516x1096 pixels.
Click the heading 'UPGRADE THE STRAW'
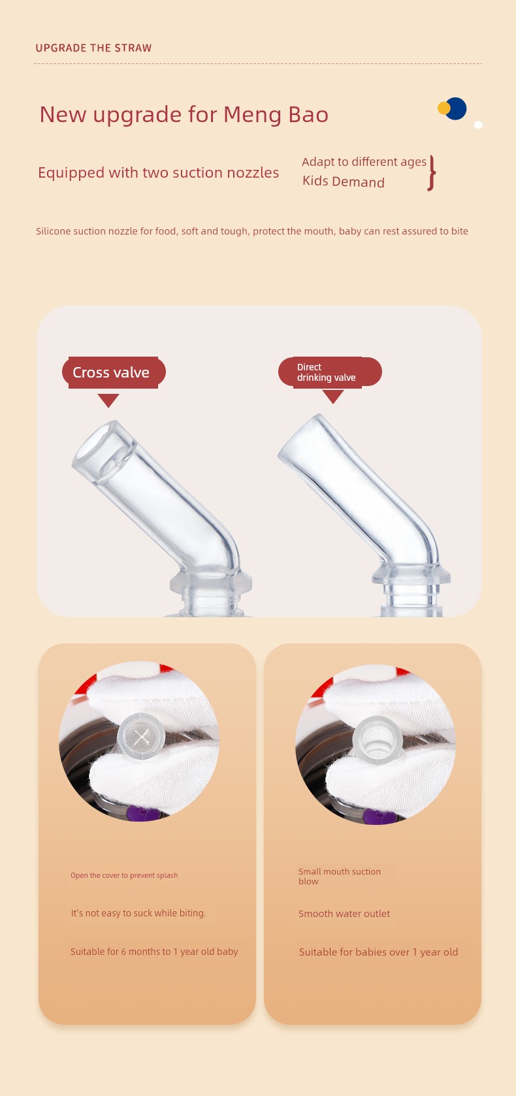[93, 48]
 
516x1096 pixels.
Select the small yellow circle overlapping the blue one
[443, 108]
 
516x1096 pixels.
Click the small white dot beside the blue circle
[479, 125]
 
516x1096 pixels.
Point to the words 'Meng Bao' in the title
[276, 114]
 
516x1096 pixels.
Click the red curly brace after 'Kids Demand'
[431, 173]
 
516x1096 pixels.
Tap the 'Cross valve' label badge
[114, 372]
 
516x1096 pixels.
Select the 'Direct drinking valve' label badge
[330, 372]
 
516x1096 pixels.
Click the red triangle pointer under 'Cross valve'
[108, 400]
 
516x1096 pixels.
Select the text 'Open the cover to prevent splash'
[124, 875]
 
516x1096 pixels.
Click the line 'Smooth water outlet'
[344, 914]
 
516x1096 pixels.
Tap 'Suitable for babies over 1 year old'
[379, 952]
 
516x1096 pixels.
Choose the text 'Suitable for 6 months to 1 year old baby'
[154, 952]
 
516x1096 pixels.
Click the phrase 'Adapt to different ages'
[364, 162]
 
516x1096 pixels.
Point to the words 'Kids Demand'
[344, 182]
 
